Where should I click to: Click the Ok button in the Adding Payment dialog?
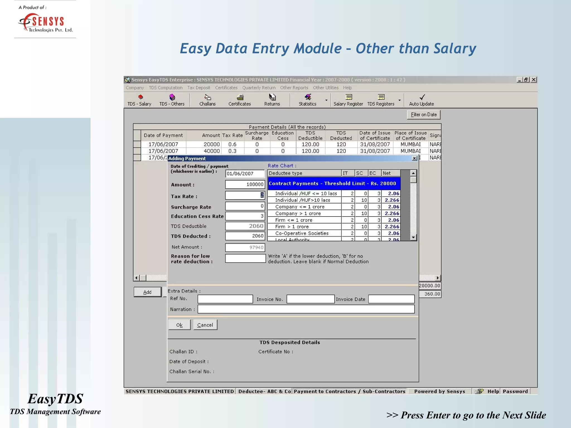tap(179, 325)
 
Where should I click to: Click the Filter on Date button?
tap(424, 115)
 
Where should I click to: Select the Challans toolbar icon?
tap(207, 100)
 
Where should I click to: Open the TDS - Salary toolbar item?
tap(139, 100)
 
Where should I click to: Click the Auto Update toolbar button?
tap(421, 100)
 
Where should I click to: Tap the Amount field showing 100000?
tap(245, 184)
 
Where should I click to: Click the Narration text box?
tap(306, 309)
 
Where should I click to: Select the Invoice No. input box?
tap(310, 299)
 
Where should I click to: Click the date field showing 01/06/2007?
tap(245, 174)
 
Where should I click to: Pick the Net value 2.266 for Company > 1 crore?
tap(391, 213)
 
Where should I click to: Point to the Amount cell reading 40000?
tap(212, 151)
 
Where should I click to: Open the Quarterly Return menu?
tap(259, 87)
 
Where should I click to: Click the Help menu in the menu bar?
tap(347, 87)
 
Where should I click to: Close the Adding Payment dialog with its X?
tap(414, 158)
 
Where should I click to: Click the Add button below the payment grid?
tap(147, 292)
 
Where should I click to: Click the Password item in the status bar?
tap(515, 391)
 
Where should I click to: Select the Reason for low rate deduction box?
tap(245, 258)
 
